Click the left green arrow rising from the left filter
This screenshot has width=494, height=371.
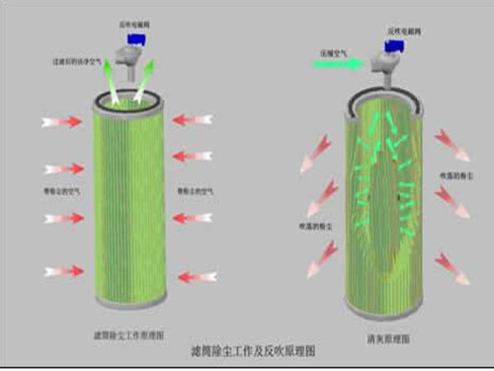[x=111, y=84]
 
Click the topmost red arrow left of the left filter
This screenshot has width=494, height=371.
[x=62, y=123]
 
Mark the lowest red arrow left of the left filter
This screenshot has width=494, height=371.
[x=62, y=269]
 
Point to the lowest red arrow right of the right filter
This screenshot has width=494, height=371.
[x=450, y=264]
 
